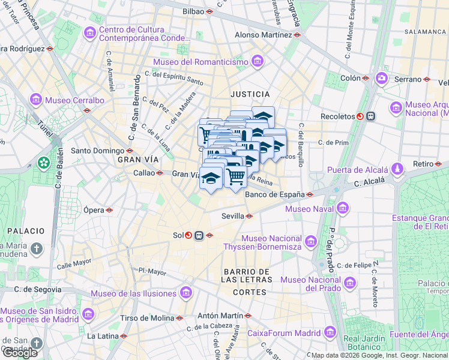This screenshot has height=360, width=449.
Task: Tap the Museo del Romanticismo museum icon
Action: coord(258,61)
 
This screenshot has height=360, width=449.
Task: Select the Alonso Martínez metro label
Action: coord(263,35)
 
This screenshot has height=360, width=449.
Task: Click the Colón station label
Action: coord(351,78)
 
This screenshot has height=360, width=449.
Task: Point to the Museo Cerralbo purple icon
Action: coord(35,100)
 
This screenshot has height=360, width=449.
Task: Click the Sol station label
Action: coord(178,235)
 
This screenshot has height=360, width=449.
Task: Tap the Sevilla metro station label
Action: coord(232,216)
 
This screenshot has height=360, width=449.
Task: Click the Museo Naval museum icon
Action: coord(343,208)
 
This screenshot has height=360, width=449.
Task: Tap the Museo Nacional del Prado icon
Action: coord(350,282)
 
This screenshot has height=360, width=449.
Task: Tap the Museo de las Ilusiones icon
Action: coord(185,293)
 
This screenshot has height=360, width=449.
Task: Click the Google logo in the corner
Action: coord(20,353)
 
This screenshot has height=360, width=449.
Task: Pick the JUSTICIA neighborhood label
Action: coord(250,94)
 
